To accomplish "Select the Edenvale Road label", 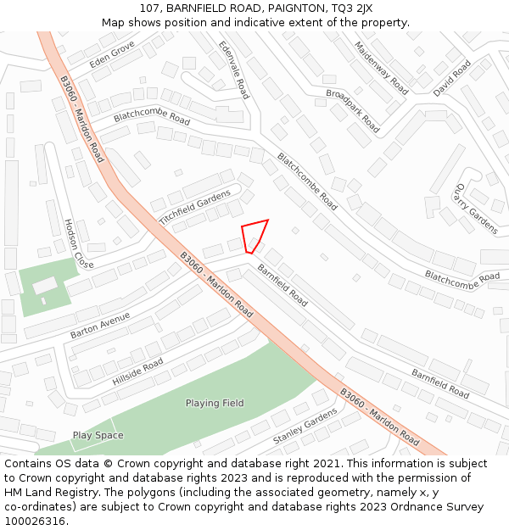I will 233,70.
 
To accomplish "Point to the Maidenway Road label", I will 381,68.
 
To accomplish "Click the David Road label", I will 451,78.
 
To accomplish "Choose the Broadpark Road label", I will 352,110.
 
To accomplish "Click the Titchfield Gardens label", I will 194,206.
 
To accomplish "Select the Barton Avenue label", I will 100,325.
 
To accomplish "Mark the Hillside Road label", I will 137,372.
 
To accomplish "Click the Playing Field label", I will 215,403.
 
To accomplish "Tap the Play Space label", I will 98,435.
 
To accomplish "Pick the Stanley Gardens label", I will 305,427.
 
